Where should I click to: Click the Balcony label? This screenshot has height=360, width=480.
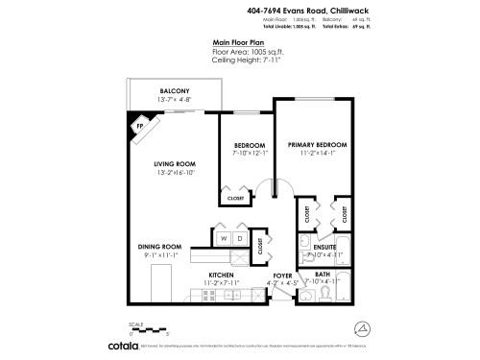[174, 92]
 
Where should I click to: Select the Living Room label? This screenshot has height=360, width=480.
[174, 163]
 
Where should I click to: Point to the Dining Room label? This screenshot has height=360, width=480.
[159, 247]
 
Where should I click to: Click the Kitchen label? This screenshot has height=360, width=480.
[222, 276]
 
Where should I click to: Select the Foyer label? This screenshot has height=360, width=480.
[282, 276]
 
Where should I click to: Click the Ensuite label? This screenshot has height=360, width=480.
[324, 247]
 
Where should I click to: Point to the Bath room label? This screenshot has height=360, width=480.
[324, 275]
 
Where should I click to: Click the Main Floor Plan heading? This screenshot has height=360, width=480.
[240, 43]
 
